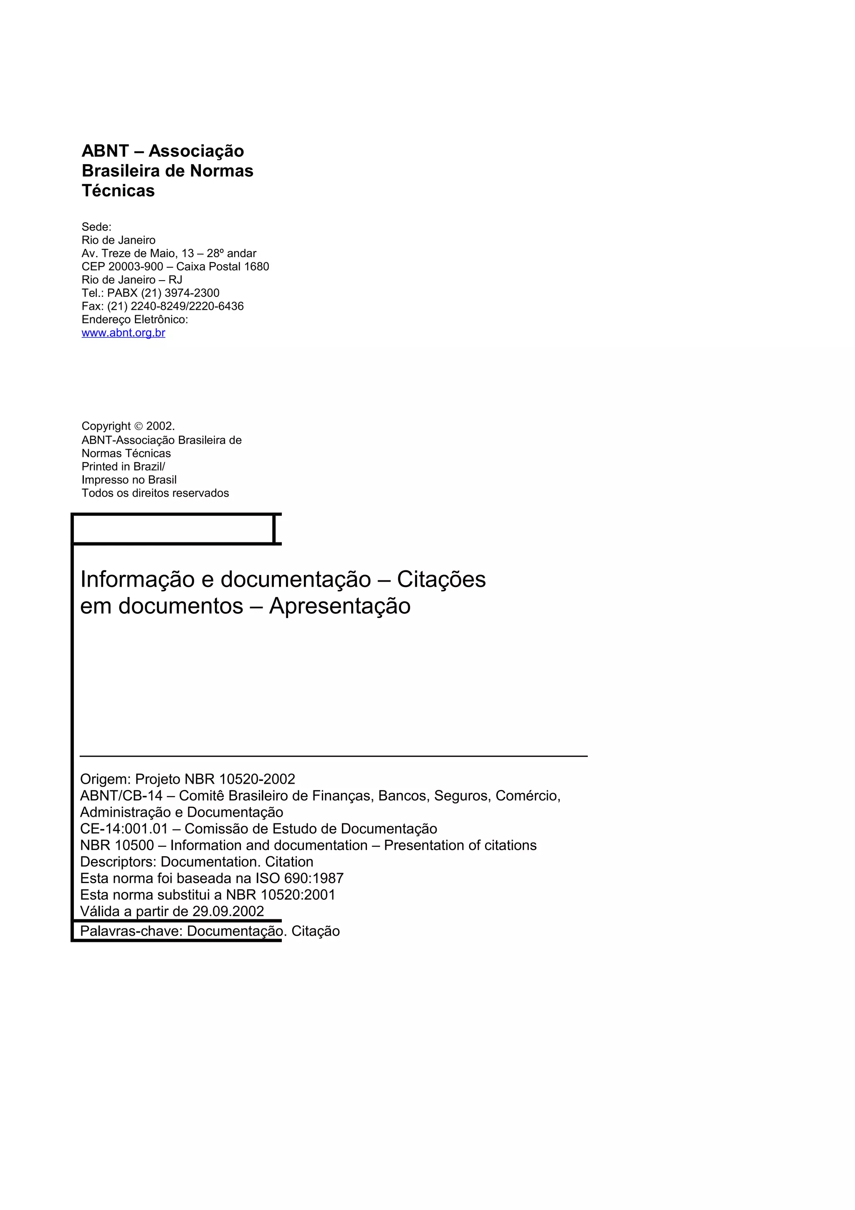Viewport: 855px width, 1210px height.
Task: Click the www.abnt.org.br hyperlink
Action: pos(123,333)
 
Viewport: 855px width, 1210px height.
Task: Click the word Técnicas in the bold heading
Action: pos(118,191)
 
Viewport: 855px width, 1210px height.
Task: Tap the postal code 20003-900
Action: pos(135,267)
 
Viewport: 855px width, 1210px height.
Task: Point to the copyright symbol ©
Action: pos(139,426)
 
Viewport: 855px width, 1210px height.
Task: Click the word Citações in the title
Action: pos(441,580)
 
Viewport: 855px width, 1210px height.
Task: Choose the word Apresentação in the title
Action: pos(340,606)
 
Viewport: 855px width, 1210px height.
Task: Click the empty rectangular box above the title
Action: pos(173,529)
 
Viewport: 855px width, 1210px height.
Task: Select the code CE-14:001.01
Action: pos(124,829)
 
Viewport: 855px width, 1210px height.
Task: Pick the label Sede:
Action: pos(96,227)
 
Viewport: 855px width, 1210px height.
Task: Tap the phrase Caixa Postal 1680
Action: pos(223,267)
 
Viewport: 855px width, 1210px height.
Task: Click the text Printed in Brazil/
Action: pos(123,467)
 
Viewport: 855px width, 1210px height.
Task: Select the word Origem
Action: pos(105,780)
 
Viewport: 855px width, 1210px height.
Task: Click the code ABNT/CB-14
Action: pos(121,796)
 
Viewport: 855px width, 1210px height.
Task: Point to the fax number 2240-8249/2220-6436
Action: pos(187,306)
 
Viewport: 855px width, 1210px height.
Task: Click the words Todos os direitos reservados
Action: pos(155,493)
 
